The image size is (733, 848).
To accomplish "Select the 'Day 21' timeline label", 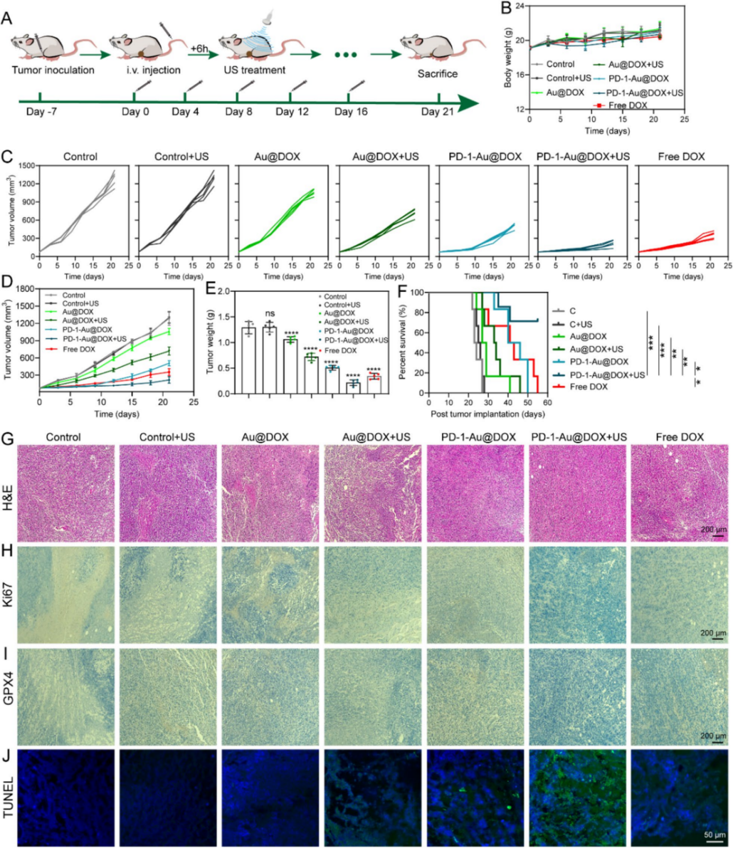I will pyautogui.click(x=437, y=112).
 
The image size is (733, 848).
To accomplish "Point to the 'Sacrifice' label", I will pyautogui.click(x=438, y=73).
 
